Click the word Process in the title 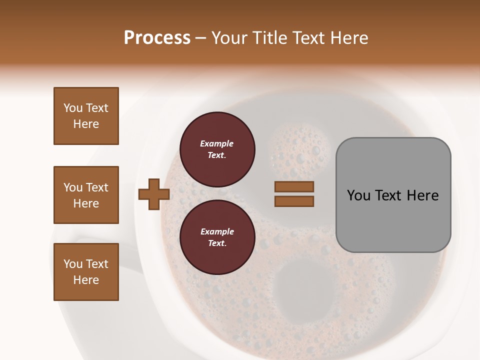point(157,38)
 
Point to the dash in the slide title point(201,38)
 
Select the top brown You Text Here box point(86,116)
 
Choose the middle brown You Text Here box point(86,195)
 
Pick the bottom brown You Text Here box point(86,272)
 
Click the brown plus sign point(153,194)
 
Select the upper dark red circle point(217,149)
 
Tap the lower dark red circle point(217,237)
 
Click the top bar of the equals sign point(294,186)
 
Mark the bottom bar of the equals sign point(294,201)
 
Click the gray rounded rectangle point(393,195)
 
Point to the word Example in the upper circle point(217,143)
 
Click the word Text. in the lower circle point(217,243)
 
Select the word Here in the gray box point(422,195)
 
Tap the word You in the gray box point(359,195)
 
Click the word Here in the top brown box point(86,124)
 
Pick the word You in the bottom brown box point(73,264)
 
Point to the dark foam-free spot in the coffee point(299,282)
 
